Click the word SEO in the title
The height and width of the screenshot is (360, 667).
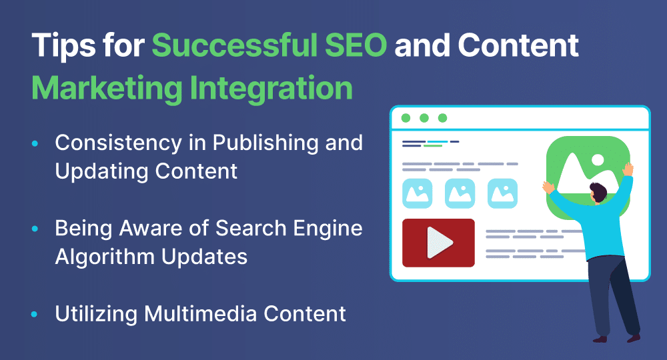pyautogui.click(x=356, y=45)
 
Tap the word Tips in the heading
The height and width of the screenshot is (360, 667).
pyautogui.click(x=63, y=46)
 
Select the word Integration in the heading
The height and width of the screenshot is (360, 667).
pyautogui.click(x=271, y=89)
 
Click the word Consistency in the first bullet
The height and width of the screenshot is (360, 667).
pyautogui.click(x=118, y=143)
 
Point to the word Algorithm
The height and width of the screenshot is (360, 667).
pyautogui.click(x=105, y=257)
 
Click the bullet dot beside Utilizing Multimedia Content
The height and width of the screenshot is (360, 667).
pyautogui.click(x=35, y=315)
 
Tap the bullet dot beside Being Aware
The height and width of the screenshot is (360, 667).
pyautogui.click(x=35, y=229)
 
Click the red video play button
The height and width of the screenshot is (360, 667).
pyautogui.click(x=438, y=243)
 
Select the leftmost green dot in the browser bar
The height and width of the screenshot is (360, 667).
pyautogui.click(x=406, y=118)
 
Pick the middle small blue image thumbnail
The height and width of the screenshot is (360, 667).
pyautogui.click(x=460, y=193)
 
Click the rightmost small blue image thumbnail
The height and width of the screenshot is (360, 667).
pyautogui.click(x=502, y=193)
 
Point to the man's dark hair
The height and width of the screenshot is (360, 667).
pyautogui.click(x=598, y=192)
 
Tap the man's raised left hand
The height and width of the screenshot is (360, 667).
pyautogui.click(x=548, y=187)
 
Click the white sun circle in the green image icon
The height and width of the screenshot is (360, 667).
pyautogui.click(x=598, y=160)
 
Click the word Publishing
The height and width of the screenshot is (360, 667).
pyautogui.click(x=265, y=143)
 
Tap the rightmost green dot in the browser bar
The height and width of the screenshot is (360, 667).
pyautogui.click(x=442, y=118)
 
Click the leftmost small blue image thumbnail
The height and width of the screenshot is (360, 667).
pyautogui.click(x=418, y=193)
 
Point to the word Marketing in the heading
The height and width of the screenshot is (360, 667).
pyautogui.click(x=107, y=89)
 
